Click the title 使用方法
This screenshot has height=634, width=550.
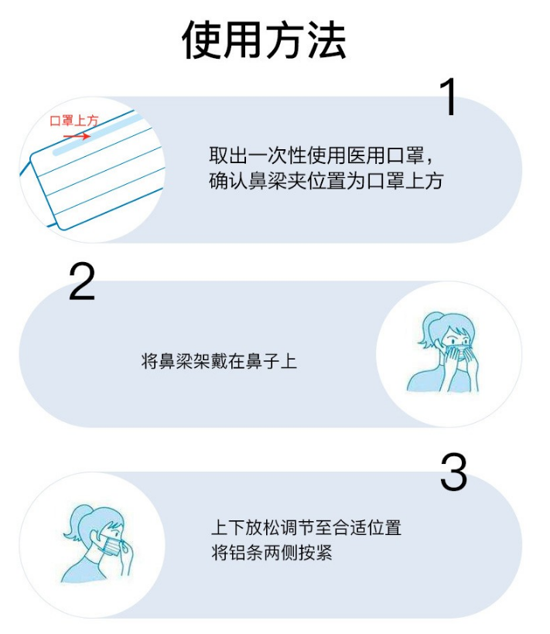point(264,39)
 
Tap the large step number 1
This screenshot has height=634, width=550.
point(449,97)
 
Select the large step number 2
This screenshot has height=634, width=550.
point(82,281)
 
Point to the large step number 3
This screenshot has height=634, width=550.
point(453,472)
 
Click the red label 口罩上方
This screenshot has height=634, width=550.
point(74,121)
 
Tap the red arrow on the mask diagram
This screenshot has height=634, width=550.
point(77,136)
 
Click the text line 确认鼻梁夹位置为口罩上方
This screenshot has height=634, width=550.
point(326,180)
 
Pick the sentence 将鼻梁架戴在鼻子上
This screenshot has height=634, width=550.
point(219,361)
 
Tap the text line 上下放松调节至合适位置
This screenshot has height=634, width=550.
point(306,528)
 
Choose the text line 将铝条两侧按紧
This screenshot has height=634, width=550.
point(272,552)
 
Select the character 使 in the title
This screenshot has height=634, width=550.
point(200,39)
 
